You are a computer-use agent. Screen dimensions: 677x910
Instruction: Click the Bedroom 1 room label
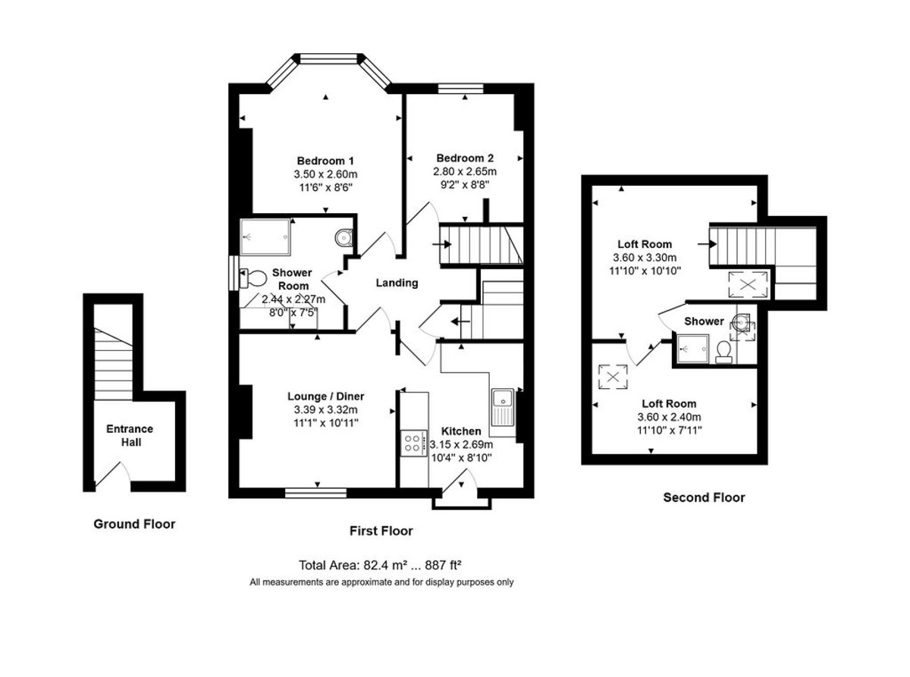click(x=325, y=161)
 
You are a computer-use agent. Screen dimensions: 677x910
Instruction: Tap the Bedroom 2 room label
click(x=465, y=158)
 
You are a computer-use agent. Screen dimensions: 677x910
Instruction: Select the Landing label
click(x=397, y=283)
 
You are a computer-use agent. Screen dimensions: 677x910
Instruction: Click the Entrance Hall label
click(x=129, y=435)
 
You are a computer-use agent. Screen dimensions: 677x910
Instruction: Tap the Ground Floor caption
click(x=134, y=524)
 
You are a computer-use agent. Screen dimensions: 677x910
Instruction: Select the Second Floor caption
click(x=704, y=497)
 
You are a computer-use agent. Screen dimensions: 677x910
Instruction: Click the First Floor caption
click(x=381, y=531)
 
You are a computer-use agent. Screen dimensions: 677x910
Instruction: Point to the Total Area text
click(x=381, y=565)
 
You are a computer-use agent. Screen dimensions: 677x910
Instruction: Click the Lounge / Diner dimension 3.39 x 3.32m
click(x=325, y=409)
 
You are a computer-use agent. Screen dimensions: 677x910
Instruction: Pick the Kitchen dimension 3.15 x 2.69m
click(x=461, y=444)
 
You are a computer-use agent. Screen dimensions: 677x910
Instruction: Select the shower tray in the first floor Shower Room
click(x=265, y=234)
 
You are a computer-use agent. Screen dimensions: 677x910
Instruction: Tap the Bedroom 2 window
click(x=460, y=88)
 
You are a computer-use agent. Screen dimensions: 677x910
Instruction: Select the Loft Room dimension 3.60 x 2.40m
click(x=668, y=417)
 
